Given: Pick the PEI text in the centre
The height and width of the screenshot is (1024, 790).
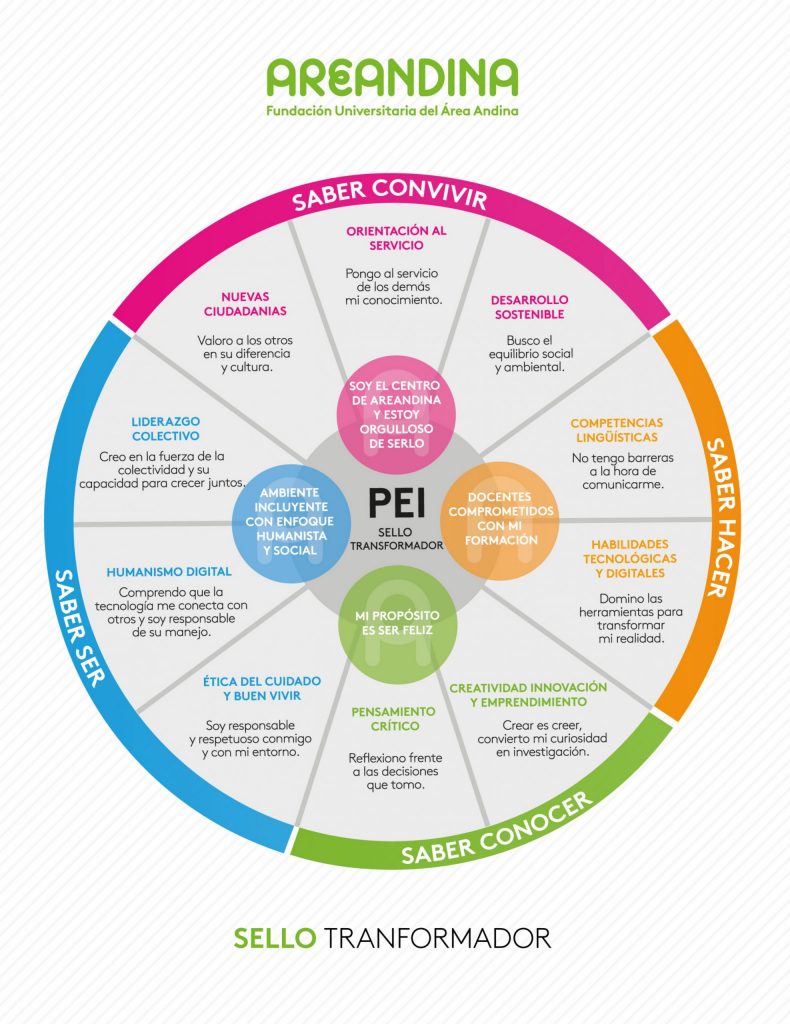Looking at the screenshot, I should pyautogui.click(x=394, y=501).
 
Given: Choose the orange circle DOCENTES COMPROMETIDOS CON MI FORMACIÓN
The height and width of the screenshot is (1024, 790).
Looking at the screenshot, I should pyautogui.click(x=499, y=518).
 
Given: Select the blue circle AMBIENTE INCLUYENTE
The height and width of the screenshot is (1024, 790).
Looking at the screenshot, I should pyautogui.click(x=289, y=520).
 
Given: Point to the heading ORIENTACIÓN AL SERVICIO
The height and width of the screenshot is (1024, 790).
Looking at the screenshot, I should pyautogui.click(x=396, y=237).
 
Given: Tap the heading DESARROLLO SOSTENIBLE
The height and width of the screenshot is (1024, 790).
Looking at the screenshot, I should pyautogui.click(x=529, y=307).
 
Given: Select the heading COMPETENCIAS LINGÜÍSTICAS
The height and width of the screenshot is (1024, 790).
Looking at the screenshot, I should pyautogui.click(x=616, y=430).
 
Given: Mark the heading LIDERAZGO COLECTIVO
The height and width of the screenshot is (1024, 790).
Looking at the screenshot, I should pyautogui.click(x=165, y=429).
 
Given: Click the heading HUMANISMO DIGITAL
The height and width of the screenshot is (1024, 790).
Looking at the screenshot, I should pyautogui.click(x=169, y=572).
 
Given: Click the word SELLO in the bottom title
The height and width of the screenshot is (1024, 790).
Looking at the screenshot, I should pyautogui.click(x=275, y=938).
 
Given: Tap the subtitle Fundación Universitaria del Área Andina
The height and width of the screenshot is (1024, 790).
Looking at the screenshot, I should pyautogui.click(x=392, y=111).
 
